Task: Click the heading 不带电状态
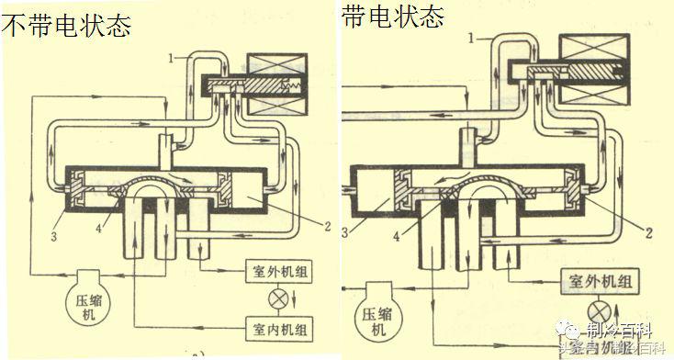click(x=66, y=25)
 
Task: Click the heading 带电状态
click(x=393, y=17)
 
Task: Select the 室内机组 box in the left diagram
click(x=283, y=326)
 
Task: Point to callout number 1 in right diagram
click(x=472, y=39)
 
